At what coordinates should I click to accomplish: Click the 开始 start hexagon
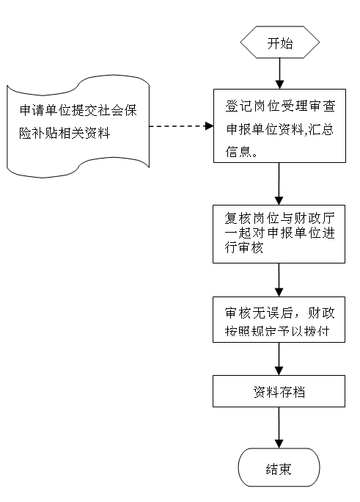(280, 43)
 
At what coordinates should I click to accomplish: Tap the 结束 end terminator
(279, 468)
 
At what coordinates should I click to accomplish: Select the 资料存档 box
(279, 391)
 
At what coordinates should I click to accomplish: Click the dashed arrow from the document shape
(181, 126)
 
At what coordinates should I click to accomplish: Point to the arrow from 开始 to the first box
(280, 73)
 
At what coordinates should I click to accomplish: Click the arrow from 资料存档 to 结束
(279, 428)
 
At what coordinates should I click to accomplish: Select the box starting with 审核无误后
(279, 320)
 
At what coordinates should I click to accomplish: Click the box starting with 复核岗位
(279, 234)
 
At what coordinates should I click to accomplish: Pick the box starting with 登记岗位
(279, 125)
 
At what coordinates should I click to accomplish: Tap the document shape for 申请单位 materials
(78, 126)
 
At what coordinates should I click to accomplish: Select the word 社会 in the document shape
(111, 110)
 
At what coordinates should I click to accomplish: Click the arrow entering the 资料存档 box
(279, 359)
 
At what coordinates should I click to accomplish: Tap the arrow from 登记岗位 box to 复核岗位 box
(279, 183)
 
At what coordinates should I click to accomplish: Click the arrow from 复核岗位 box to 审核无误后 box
(279, 280)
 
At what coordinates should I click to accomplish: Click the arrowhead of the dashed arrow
(210, 126)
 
